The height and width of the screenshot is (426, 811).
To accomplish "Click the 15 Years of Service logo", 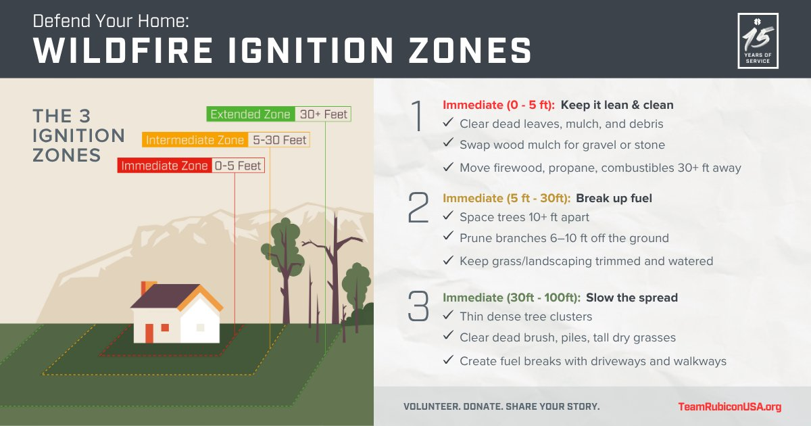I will click(758, 41).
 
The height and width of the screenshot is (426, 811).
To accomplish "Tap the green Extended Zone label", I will click(250, 114).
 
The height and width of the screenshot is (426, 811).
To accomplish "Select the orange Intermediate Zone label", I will click(195, 140).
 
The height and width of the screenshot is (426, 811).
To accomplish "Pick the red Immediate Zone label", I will click(164, 166).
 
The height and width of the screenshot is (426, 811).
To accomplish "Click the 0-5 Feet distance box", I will click(237, 166).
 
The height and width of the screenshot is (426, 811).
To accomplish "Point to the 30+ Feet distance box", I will click(323, 114).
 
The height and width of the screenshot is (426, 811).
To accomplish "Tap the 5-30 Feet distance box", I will click(278, 140).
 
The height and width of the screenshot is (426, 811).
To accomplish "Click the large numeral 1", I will click(418, 117).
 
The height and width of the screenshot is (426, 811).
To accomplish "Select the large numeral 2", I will click(418, 208).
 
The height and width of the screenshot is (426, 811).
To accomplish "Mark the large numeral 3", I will click(418, 306).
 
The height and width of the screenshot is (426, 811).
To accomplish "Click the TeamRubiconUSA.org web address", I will click(729, 406).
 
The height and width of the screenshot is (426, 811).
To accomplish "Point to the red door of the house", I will click(149, 333).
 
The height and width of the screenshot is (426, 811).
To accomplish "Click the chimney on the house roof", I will click(148, 287).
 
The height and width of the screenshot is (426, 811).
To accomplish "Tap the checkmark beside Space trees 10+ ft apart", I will click(447, 216).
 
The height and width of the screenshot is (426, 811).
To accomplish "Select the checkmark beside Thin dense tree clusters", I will click(447, 316).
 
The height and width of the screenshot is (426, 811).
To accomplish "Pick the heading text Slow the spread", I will click(631, 298).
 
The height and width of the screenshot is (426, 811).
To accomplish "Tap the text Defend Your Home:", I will click(111, 20).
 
